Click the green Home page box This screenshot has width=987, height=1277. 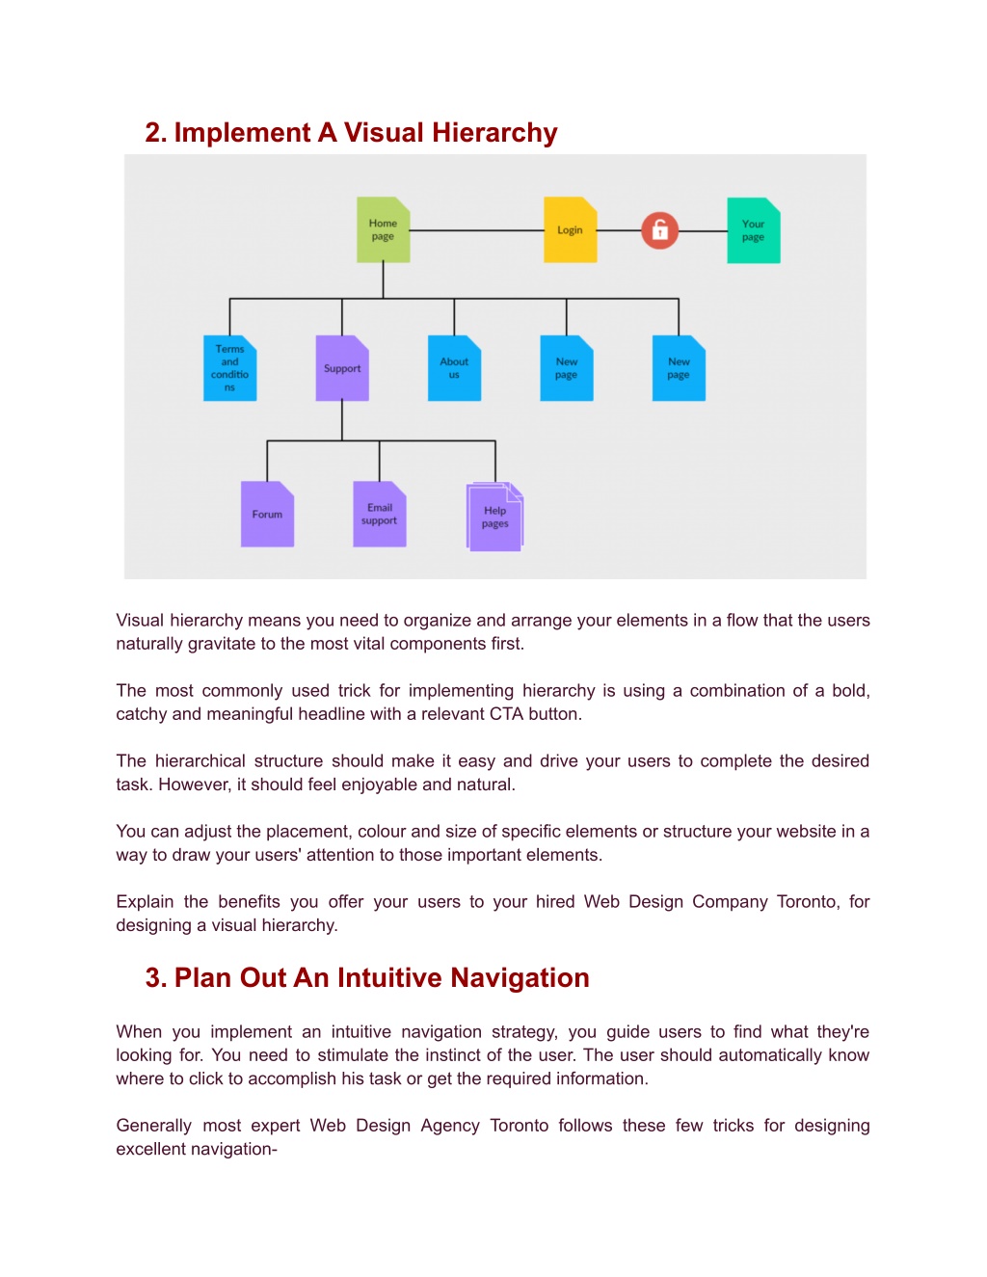pyautogui.click(x=383, y=229)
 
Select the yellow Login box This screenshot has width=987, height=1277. pyautogui.click(x=570, y=229)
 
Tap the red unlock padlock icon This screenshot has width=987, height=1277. pyautogui.click(x=659, y=230)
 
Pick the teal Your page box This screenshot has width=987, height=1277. pyautogui.click(x=753, y=230)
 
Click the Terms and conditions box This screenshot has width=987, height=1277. pyautogui.click(x=229, y=368)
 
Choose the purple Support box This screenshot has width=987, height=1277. pyautogui.click(x=342, y=368)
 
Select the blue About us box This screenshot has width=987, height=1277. pyautogui.click(x=454, y=368)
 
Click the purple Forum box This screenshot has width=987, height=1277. pyautogui.click(x=267, y=514)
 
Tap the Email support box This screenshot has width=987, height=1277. pyautogui.click(x=380, y=514)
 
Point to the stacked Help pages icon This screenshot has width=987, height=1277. pyautogui.click(x=494, y=517)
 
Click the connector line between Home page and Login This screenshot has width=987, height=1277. pyautogui.click(x=476, y=230)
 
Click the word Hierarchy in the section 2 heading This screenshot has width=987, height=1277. pyautogui.click(x=494, y=133)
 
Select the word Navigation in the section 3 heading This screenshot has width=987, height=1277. pyautogui.click(x=520, y=978)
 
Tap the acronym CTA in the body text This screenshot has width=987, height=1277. pyautogui.click(x=505, y=714)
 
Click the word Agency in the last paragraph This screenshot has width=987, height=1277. pyautogui.click(x=450, y=1126)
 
